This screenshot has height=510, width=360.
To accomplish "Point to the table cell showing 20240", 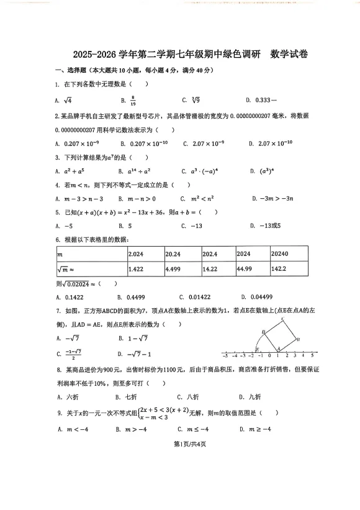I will click(281, 253).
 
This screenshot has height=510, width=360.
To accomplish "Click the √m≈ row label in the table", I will click(66, 269).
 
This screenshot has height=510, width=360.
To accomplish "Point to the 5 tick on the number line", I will click(312, 356).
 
